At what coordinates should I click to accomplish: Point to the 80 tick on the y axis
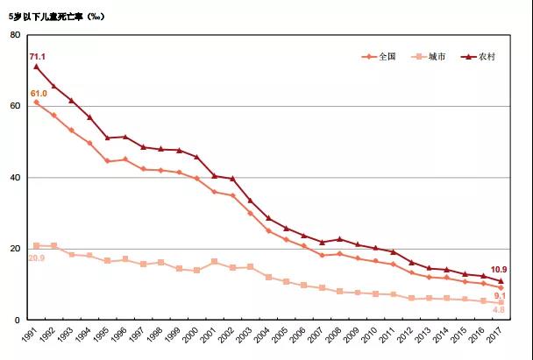tap(16, 34)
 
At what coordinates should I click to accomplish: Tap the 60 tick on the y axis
tap(16, 106)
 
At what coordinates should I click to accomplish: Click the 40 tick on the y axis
tap(16, 178)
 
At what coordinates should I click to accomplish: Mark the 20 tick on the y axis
tap(16, 249)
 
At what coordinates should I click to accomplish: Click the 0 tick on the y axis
tap(18, 321)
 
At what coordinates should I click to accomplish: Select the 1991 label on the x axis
tap(34, 336)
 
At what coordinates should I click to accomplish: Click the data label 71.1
tap(38, 56)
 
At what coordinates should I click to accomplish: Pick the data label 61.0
tap(39, 93)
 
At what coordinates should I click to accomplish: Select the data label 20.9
tap(38, 258)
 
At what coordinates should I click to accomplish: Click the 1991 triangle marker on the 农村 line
tap(36, 67)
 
